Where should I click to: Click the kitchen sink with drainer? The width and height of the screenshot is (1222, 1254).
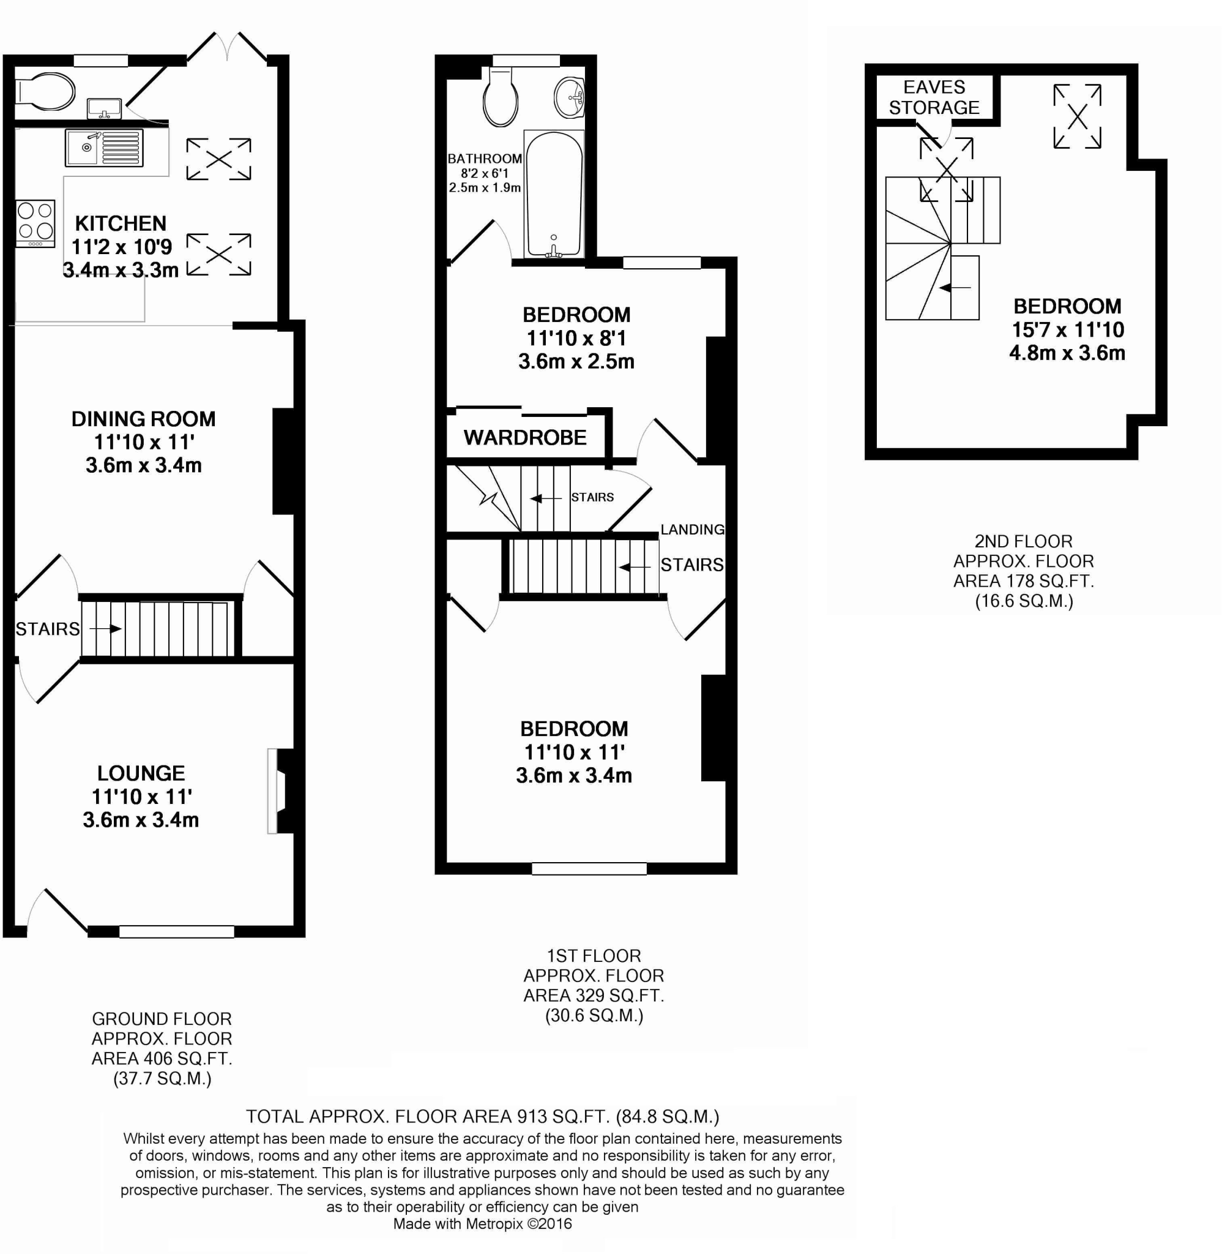point(104,147)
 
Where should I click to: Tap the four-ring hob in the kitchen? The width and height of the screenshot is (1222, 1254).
point(35,221)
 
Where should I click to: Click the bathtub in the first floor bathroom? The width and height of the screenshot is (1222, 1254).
point(553,193)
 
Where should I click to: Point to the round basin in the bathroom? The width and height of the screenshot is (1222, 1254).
point(568,97)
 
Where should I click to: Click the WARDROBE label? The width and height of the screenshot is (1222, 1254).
point(525,437)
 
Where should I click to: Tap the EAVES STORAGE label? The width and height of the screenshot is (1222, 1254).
point(934,97)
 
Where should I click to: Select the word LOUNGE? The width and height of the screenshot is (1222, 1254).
point(141,773)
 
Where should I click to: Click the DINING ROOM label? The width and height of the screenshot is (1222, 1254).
point(143,419)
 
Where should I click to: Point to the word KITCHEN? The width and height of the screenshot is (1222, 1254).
point(121,223)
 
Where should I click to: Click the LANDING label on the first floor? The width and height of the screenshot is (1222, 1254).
point(693,529)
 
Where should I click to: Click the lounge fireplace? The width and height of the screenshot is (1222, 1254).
point(280,790)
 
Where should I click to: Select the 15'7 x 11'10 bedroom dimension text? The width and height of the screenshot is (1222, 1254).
point(1068,329)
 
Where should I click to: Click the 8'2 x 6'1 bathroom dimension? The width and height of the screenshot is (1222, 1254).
point(485,173)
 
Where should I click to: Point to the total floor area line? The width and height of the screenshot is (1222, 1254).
point(483,1117)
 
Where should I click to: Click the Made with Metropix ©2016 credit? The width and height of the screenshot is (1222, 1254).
point(483,1223)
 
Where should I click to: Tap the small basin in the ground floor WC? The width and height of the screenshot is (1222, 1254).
point(104,107)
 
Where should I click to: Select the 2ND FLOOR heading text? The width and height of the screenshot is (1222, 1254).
point(1023,541)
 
